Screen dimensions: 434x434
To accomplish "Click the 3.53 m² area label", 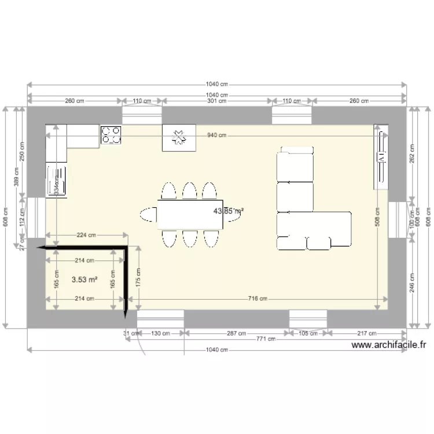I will point(84,279).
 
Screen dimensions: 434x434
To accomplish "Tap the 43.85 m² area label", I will point(229,211).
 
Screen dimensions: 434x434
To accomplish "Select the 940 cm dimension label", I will point(216,135).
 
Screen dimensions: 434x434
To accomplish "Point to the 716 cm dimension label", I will point(257,299).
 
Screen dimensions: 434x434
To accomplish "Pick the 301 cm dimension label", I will point(216,101).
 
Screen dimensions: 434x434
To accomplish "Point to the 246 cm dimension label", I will point(412,283).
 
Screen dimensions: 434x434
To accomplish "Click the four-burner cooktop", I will point(112,135).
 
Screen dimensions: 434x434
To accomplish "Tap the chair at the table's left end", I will point(148,214).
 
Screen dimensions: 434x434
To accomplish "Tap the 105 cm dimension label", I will point(308,333).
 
